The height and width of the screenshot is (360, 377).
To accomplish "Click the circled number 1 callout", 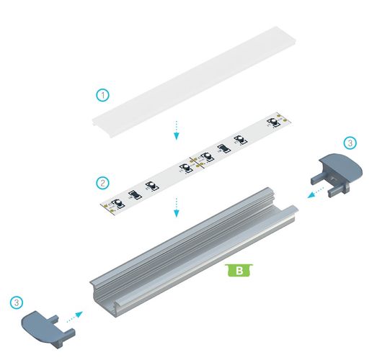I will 104,94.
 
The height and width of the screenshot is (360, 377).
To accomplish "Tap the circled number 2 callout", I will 103,182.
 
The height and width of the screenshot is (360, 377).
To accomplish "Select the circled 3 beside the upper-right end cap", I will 350,143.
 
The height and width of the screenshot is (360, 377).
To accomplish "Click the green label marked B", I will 238,270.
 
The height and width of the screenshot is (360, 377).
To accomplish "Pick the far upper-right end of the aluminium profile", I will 285,205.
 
